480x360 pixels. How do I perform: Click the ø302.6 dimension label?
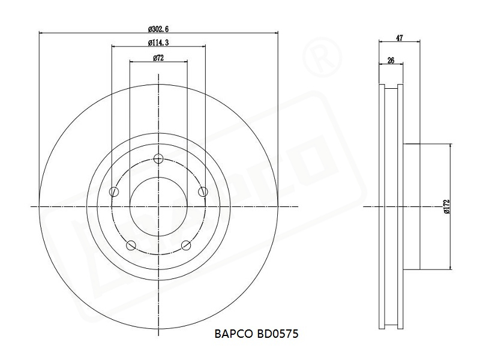click(158, 29)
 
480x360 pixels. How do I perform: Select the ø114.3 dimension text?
click(158, 43)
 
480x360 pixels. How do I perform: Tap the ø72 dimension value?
click(158, 58)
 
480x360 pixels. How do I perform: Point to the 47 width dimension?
click(400, 38)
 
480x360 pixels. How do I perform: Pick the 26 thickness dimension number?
click(391, 61)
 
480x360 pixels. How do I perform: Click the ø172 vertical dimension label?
click(446, 206)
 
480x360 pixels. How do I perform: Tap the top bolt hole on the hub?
click(158, 158)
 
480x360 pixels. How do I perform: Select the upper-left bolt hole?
click(114, 192)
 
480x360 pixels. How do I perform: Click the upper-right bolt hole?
click(203, 192)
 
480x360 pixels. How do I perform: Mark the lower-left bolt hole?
click(131, 245)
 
